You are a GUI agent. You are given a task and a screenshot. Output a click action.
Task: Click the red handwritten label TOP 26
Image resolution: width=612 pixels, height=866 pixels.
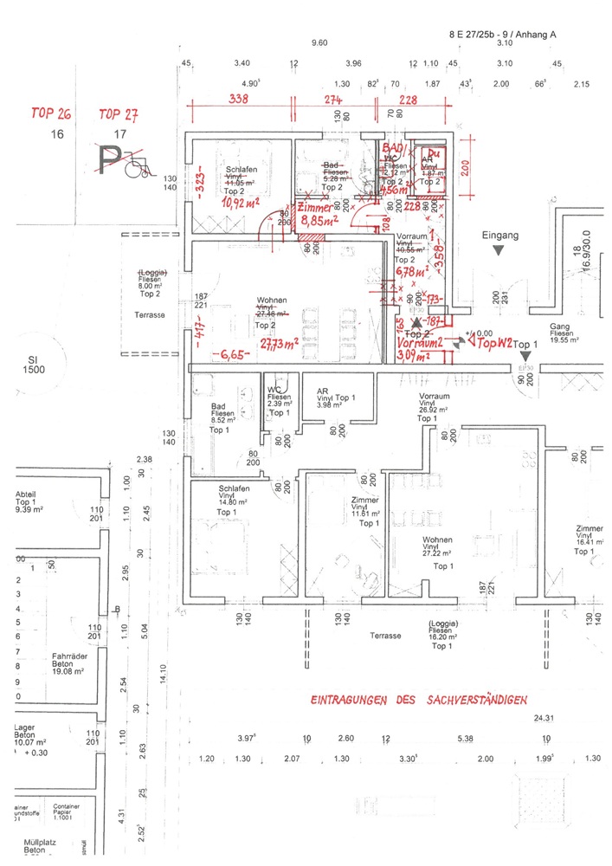click(49, 114)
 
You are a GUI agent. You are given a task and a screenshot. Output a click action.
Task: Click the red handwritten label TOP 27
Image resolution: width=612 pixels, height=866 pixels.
click(119, 114)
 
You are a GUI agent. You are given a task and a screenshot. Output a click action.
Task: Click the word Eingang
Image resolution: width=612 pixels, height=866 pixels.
click(499, 236)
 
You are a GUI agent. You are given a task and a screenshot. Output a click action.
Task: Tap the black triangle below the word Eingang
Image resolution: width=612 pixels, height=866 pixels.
click(498, 250)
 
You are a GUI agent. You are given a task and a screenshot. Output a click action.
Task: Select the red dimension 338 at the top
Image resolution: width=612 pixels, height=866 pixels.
click(238, 100)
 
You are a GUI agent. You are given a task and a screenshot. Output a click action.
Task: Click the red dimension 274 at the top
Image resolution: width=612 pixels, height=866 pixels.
click(334, 100)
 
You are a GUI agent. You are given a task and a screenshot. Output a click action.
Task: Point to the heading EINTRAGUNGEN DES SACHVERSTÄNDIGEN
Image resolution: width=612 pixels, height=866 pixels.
click(418, 700)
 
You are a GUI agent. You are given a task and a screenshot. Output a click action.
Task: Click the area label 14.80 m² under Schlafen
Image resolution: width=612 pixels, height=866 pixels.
click(232, 501)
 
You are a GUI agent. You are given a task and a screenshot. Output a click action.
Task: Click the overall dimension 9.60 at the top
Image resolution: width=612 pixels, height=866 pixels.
click(319, 42)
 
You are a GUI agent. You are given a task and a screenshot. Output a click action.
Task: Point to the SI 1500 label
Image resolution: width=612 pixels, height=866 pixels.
click(35, 364)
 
